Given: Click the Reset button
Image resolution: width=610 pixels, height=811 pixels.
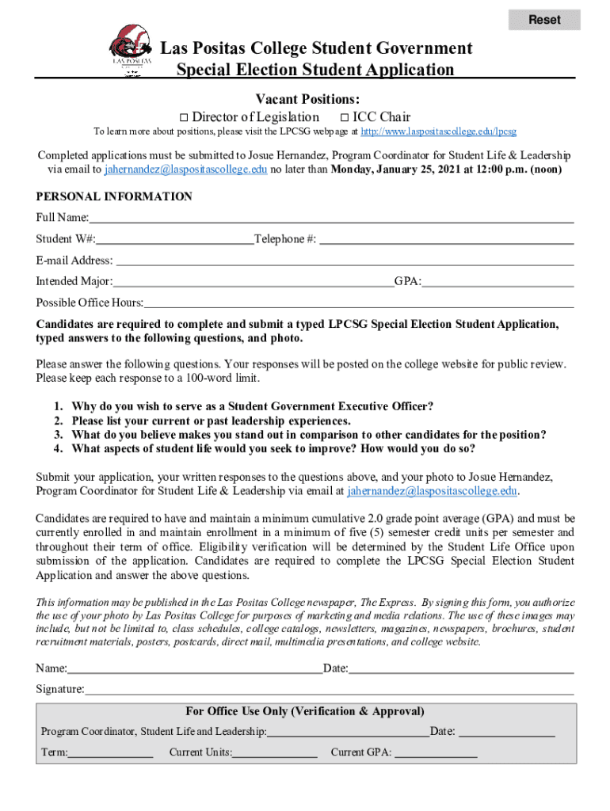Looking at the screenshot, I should [x=544, y=20].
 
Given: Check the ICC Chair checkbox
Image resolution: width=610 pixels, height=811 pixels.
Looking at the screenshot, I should [x=333, y=117].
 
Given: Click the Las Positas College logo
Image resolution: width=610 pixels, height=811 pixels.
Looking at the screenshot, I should [x=130, y=49].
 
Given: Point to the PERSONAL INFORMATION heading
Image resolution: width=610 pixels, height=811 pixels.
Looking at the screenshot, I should [x=114, y=196].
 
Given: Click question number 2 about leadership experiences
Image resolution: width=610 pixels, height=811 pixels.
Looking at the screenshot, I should [x=211, y=421].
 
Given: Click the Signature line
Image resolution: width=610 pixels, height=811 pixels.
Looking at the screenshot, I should [x=329, y=690].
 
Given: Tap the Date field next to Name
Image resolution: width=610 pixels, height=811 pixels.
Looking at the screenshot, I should [x=461, y=668].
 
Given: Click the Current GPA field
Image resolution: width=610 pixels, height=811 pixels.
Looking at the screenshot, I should [x=436, y=752].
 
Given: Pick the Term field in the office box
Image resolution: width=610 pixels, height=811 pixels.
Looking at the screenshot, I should [x=110, y=752].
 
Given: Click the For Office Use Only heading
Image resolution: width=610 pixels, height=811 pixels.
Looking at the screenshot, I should [x=304, y=711].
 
